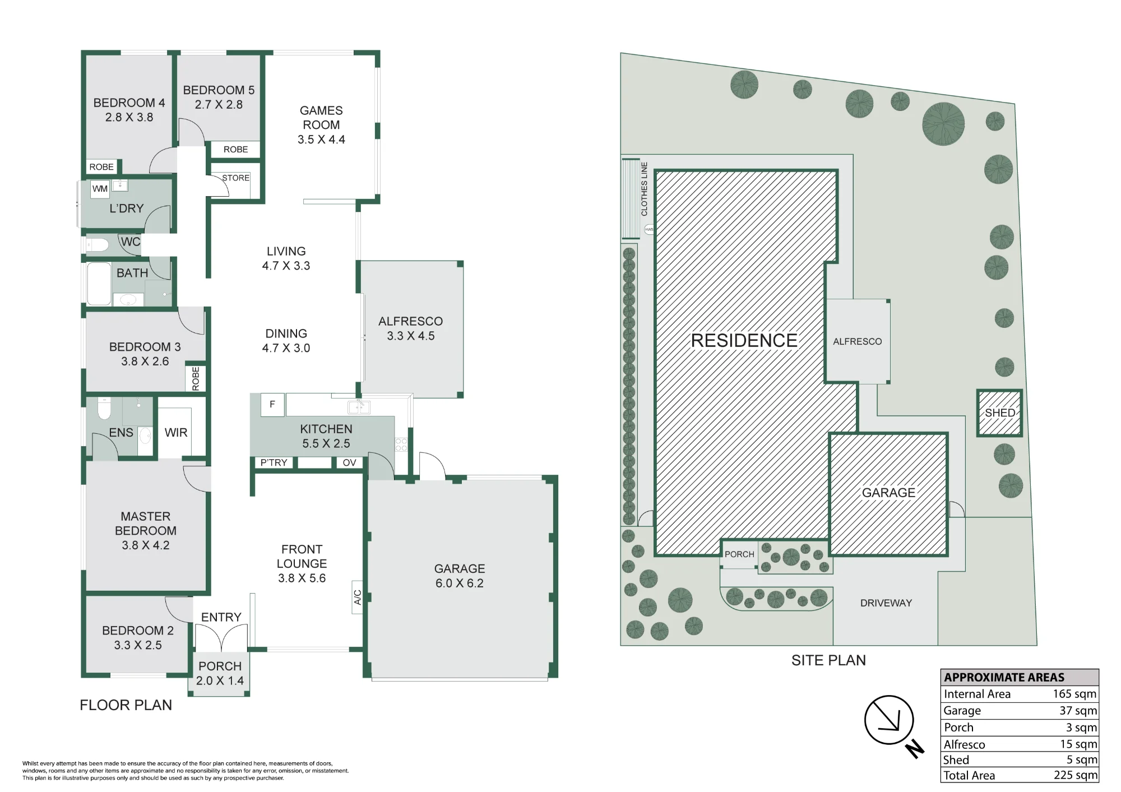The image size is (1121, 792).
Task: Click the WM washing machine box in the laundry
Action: (x=100, y=189)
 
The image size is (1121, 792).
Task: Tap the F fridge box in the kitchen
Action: (x=272, y=404)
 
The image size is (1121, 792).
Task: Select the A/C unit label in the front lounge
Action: (x=358, y=597)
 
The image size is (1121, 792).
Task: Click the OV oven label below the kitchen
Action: (x=349, y=462)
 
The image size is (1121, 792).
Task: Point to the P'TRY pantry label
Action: (x=274, y=462)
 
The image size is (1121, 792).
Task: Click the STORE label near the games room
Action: (x=235, y=178)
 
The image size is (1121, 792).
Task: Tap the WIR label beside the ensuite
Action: (x=176, y=433)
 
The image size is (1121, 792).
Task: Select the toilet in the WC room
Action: (x=97, y=245)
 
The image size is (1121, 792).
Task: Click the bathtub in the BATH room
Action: (x=99, y=284)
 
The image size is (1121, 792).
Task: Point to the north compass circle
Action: (x=889, y=720)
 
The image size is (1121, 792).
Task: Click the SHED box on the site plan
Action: (x=999, y=413)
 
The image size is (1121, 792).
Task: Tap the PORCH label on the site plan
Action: (x=739, y=554)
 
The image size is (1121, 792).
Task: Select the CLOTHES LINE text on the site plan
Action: (x=644, y=189)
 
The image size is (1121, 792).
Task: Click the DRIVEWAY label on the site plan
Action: (x=886, y=603)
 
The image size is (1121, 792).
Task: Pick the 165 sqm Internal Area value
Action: (x=1074, y=694)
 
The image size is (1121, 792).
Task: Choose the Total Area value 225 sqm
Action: (x=1075, y=775)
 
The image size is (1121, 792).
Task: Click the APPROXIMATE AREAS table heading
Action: (x=1004, y=677)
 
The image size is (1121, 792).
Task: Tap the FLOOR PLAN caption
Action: (x=126, y=705)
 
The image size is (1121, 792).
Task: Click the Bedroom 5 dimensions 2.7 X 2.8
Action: (x=219, y=105)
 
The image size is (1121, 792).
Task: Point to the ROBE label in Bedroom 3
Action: (x=196, y=378)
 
